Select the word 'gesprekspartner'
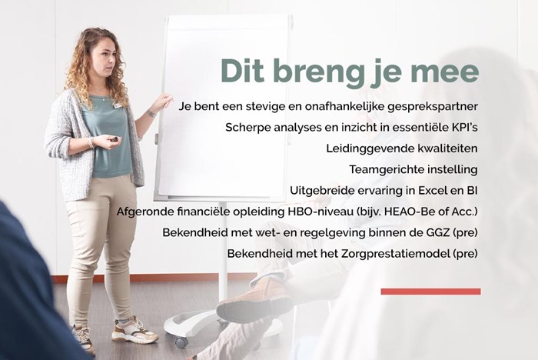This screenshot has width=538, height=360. point(432,107)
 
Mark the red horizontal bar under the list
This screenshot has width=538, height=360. point(430,292)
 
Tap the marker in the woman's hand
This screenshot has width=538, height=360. point(113,138)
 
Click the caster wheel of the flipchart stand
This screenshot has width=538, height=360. point(181,341)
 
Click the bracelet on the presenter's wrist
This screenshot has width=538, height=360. point(91,142)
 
